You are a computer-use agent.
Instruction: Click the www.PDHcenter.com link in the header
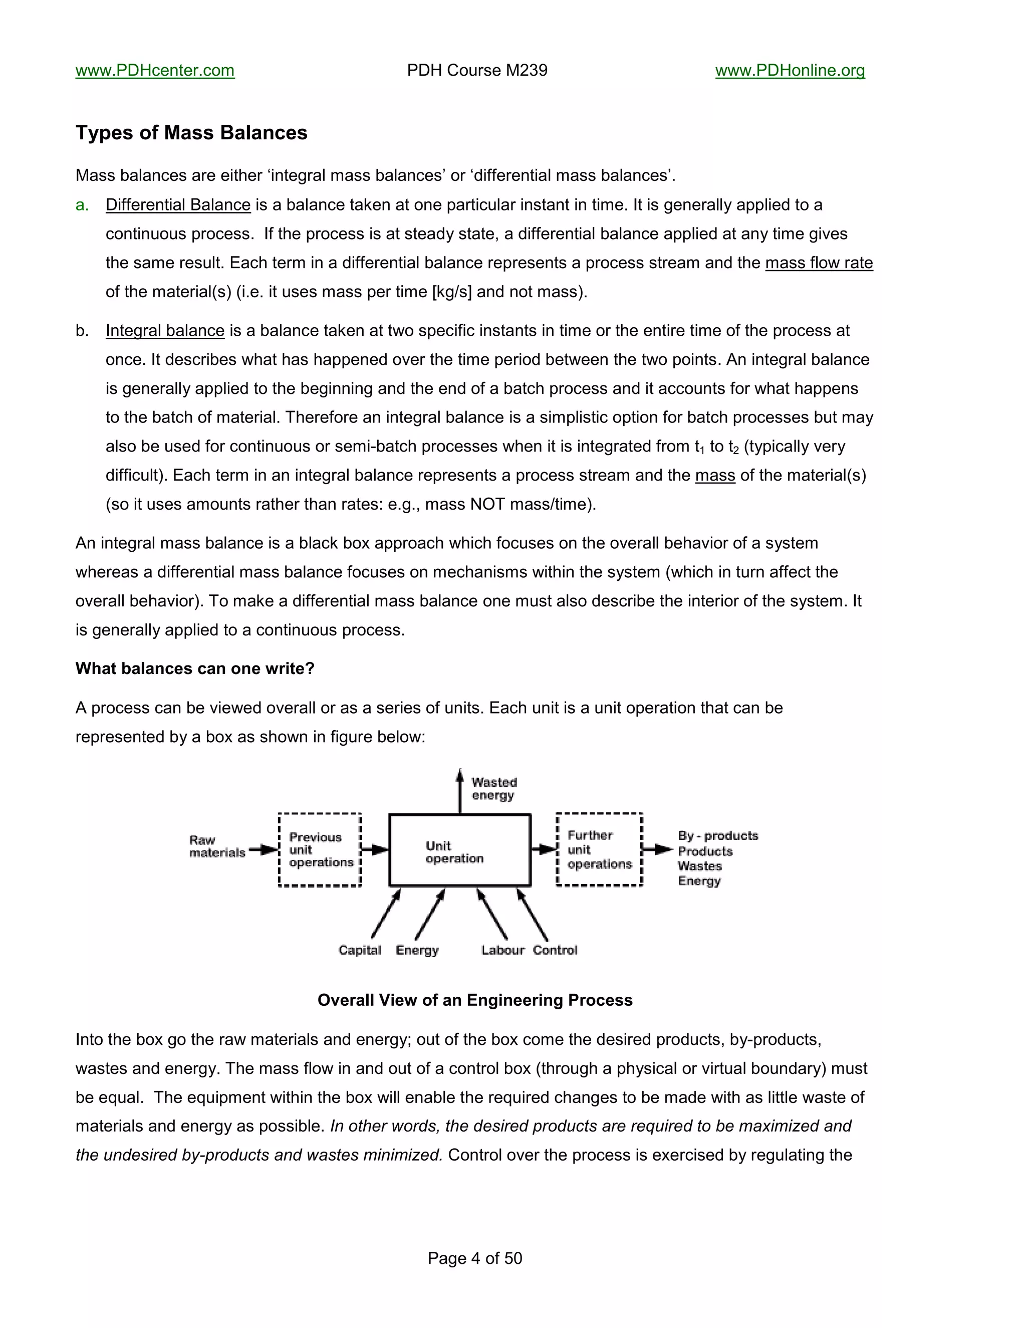point(155,71)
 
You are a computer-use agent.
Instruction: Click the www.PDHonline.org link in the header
point(790,71)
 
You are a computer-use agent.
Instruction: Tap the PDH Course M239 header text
point(477,71)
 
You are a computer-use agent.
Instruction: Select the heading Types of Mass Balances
point(191,133)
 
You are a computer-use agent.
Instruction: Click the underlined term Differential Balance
point(178,205)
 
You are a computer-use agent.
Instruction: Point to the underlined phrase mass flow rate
point(819,263)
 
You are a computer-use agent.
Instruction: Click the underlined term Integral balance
point(165,331)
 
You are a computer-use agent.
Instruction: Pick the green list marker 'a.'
point(82,205)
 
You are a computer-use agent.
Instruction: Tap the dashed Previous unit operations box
point(320,850)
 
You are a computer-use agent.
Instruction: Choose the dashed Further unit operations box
point(599,850)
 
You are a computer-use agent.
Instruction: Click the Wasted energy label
point(493,789)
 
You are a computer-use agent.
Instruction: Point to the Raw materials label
point(216,846)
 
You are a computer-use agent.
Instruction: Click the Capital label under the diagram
point(360,950)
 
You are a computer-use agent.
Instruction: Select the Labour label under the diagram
point(502,950)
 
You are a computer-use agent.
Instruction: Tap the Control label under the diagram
point(555,950)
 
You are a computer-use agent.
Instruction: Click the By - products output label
point(718,836)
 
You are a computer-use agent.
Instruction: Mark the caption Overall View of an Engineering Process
point(475,1000)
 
